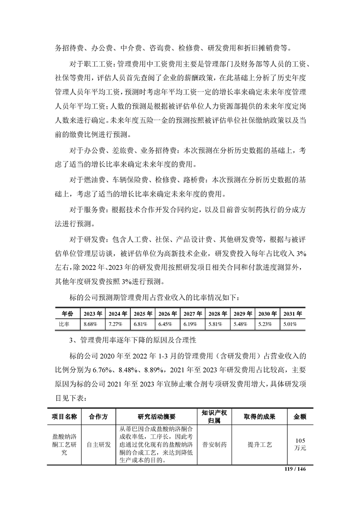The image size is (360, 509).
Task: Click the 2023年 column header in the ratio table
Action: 93,313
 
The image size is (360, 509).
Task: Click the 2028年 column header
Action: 217,313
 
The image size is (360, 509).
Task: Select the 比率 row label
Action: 64,324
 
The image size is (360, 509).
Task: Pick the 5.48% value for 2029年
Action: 240,324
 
